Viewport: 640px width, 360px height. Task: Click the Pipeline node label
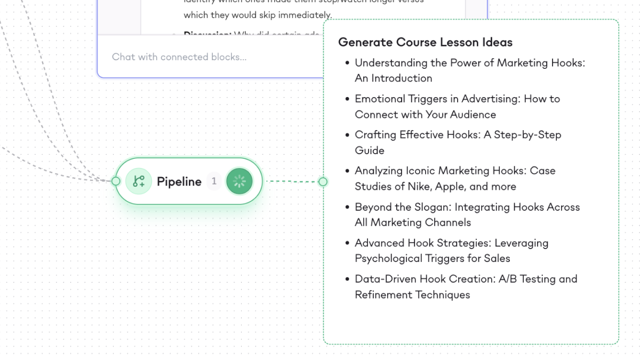point(179,182)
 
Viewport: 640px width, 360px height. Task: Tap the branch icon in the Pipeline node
point(139,181)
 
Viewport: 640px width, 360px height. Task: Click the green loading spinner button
point(239,181)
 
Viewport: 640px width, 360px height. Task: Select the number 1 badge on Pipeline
point(214,181)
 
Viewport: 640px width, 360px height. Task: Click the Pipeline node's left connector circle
point(116,181)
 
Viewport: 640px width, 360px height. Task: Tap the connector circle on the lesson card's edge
point(323,182)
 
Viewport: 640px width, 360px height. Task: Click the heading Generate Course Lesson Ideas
point(425,43)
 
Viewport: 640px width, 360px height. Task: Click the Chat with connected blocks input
point(179,57)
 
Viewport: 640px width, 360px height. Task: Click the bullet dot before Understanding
point(347,63)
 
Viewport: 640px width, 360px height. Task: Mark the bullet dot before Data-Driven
point(347,279)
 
